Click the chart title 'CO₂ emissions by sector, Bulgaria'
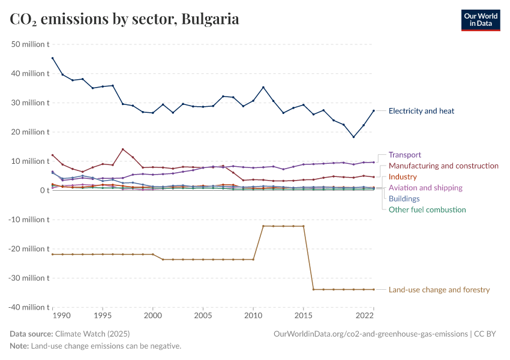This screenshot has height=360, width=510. click(125, 19)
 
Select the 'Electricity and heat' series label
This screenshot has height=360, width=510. click(421, 111)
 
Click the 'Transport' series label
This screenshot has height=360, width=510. click(404, 155)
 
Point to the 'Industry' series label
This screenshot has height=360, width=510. click(403, 177)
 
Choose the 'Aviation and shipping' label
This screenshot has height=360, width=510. click(425, 188)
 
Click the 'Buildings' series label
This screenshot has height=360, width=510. click(404, 199)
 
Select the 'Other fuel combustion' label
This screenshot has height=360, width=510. click(427, 209)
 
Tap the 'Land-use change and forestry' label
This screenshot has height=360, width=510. click(439, 290)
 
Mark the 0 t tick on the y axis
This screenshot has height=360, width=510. click(44, 190)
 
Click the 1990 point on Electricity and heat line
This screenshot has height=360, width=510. click(53, 58)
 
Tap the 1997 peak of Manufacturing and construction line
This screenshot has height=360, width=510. click(123, 149)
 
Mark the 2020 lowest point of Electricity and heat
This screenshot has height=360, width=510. click(353, 137)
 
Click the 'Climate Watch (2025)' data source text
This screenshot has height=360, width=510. click(92, 334)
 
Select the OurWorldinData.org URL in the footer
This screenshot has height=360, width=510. click(370, 334)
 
